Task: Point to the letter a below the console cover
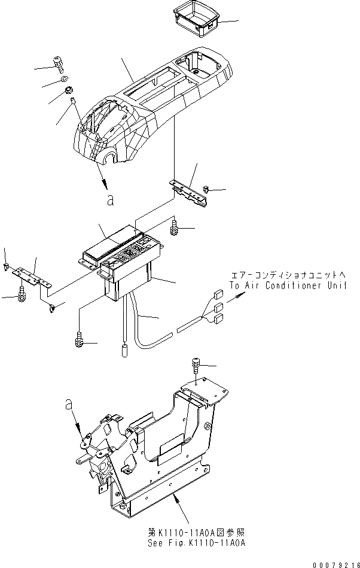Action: tap(109, 201)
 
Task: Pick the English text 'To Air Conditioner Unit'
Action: tap(288, 286)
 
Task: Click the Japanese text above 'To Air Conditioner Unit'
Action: tap(288, 276)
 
